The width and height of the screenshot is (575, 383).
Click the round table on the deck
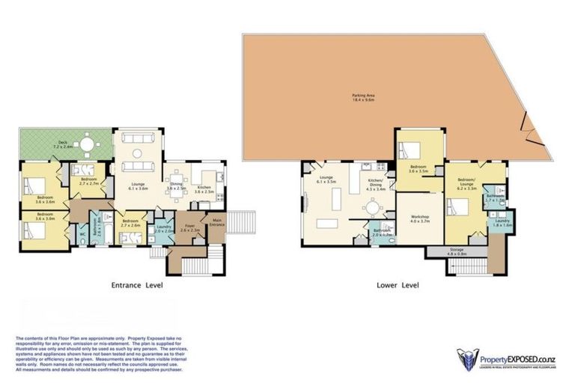88,144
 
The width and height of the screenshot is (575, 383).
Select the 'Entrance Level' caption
137,285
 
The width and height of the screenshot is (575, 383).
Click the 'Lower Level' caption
398,285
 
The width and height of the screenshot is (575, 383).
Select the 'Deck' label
59,142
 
